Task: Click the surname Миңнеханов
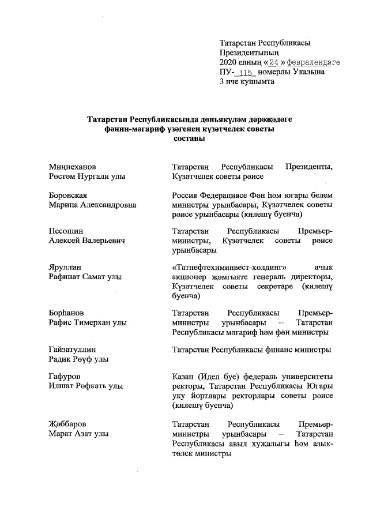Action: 72,167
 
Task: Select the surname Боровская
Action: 68,195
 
